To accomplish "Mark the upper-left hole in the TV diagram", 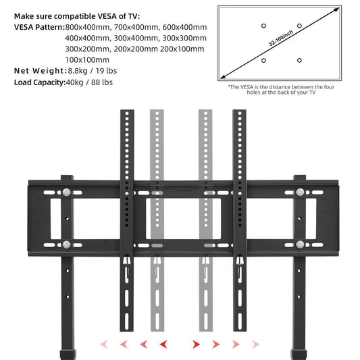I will click(263, 26).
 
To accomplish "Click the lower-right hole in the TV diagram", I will click(299, 61).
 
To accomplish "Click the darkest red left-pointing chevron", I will click(163, 344).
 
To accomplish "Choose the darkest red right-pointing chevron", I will click(197, 344).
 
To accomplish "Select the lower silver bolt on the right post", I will click(298, 245).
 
